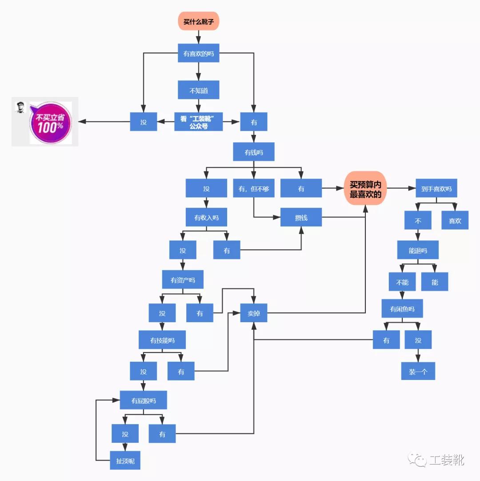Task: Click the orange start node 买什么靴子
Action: [x=199, y=21]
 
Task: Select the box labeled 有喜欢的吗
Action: [x=199, y=53]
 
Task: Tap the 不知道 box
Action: [x=199, y=90]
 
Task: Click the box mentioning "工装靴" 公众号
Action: [x=199, y=121]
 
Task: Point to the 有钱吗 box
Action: [x=254, y=152]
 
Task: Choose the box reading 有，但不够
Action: [x=254, y=188]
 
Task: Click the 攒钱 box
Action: [x=301, y=217]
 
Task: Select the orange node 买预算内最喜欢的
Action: [x=365, y=188]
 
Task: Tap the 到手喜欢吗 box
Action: [x=436, y=188]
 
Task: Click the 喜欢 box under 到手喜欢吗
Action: [x=455, y=220]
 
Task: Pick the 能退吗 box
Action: [x=418, y=250]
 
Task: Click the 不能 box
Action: [x=402, y=282]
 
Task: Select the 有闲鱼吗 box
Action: [x=402, y=308]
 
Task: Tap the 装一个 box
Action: [x=418, y=371]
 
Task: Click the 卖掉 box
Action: [x=254, y=313]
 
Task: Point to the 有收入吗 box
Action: [x=206, y=217]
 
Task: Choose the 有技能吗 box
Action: [x=162, y=340]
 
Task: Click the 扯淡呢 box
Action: [x=125, y=461]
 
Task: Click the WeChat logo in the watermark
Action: [x=417, y=459]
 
